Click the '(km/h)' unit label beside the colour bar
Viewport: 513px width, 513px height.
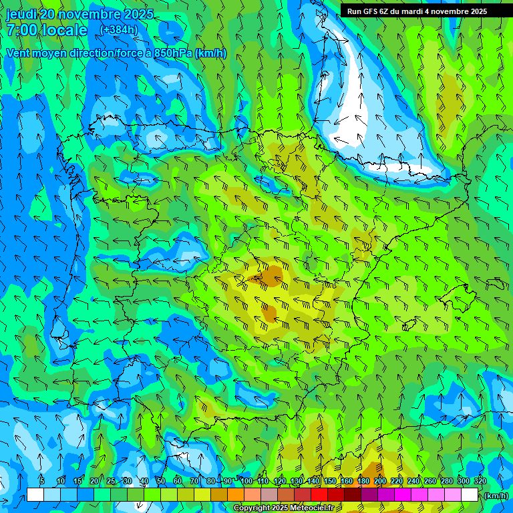pos(496,495)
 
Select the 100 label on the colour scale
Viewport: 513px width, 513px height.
pos(246,481)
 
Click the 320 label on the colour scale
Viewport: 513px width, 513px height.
pos(480,481)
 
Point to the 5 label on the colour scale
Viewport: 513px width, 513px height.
pos(41,481)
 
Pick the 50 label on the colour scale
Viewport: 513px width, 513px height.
pos(160,481)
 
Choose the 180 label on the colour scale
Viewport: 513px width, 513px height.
pos(363,481)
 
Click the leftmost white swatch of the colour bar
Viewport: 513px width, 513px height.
pos(35,495)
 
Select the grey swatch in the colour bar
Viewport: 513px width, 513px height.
pos(269,495)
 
